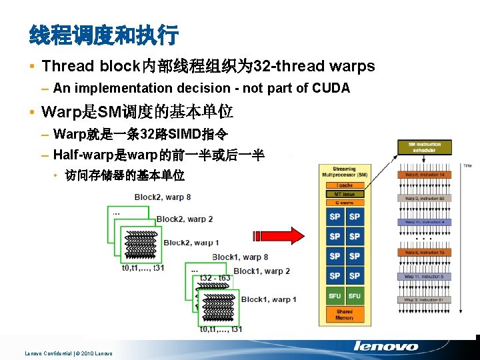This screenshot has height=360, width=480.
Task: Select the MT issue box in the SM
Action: tap(344, 194)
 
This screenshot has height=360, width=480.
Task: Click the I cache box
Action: tap(344, 185)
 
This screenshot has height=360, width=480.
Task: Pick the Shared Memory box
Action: tap(344, 314)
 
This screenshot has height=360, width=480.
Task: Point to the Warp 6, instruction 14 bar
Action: tap(424, 175)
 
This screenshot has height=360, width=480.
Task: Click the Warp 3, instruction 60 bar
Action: tap(424, 198)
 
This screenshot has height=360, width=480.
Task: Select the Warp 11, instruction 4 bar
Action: tap(424, 221)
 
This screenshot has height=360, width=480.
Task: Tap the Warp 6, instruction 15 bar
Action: tap(424, 253)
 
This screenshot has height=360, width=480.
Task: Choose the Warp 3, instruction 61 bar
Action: tap(424, 299)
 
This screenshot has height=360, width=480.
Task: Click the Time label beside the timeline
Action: tap(467, 165)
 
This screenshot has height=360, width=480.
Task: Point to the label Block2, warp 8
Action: tap(163, 197)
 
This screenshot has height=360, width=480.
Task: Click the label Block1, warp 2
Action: tap(262, 271)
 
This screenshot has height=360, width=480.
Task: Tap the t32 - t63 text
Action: tap(215, 277)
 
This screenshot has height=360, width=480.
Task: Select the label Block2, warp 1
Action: tap(191, 242)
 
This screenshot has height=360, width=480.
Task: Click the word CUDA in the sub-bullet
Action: tap(332, 88)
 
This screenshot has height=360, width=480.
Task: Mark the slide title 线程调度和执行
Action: tap(104, 33)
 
